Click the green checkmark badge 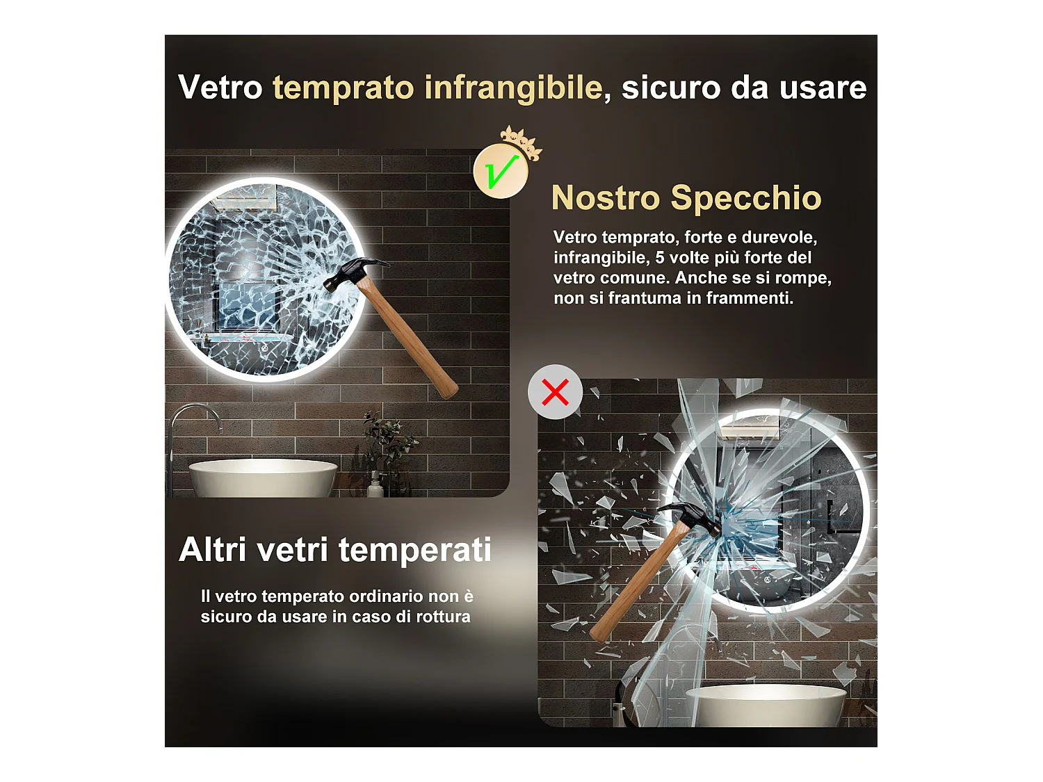tap(500, 171)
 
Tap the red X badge tap(555, 392)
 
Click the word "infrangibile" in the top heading tap(513, 88)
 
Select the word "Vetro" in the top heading tap(220, 88)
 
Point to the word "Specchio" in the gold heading tap(745, 198)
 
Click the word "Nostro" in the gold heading tap(605, 198)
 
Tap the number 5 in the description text tap(660, 258)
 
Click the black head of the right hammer tap(693, 517)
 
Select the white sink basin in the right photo tap(765, 705)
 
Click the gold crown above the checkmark tap(521, 141)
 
